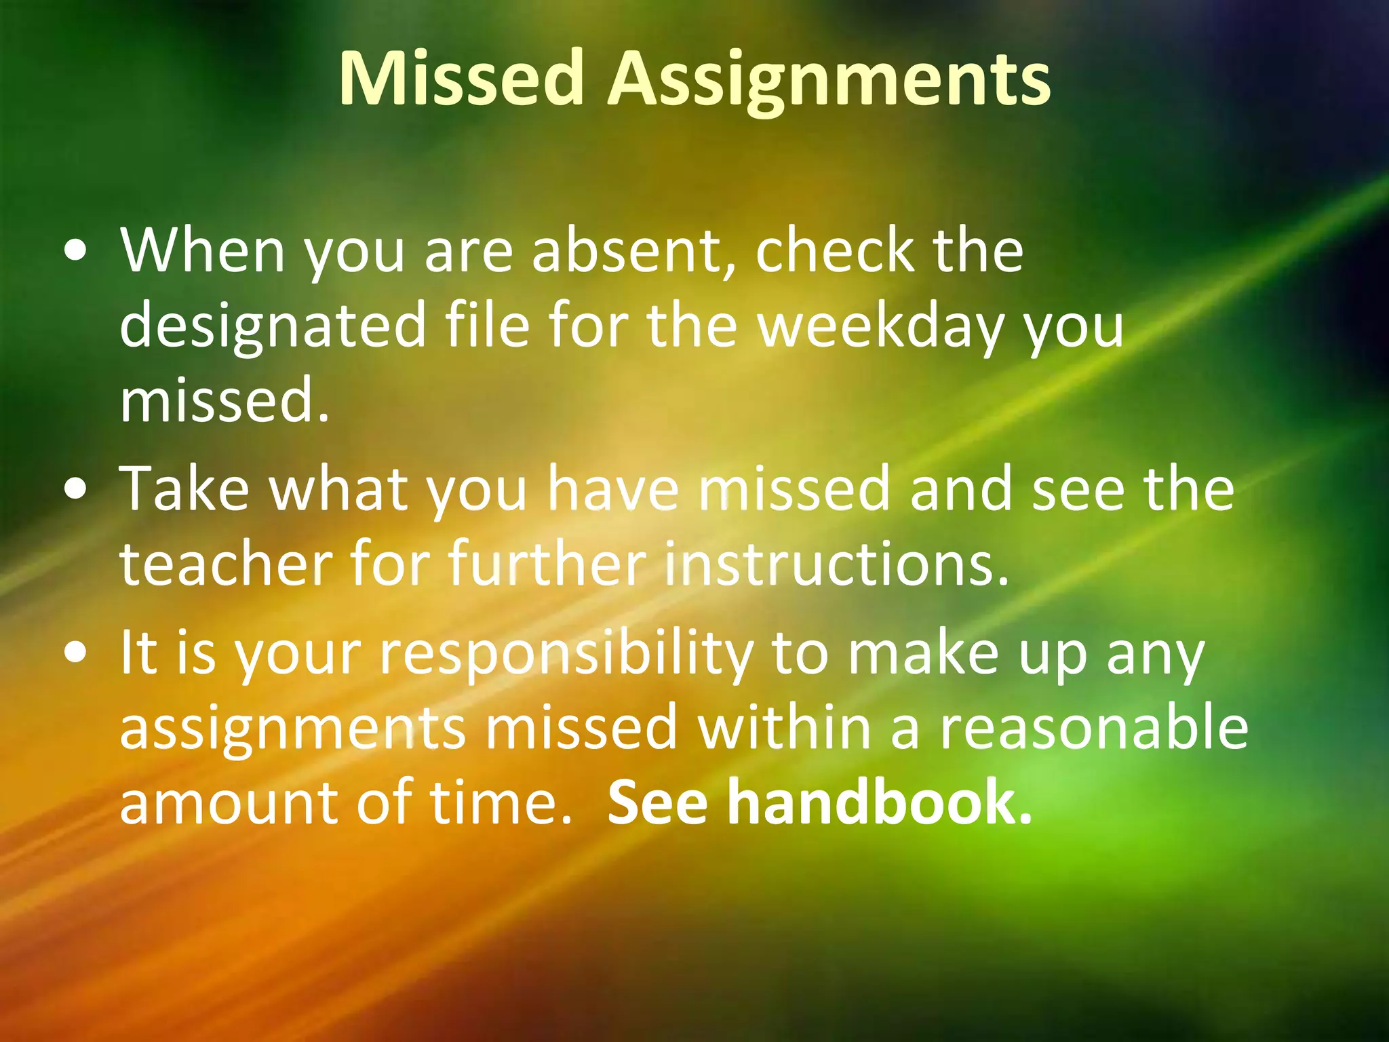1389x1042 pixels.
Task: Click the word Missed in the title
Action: point(461,79)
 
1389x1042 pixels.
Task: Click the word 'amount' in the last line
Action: point(228,803)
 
